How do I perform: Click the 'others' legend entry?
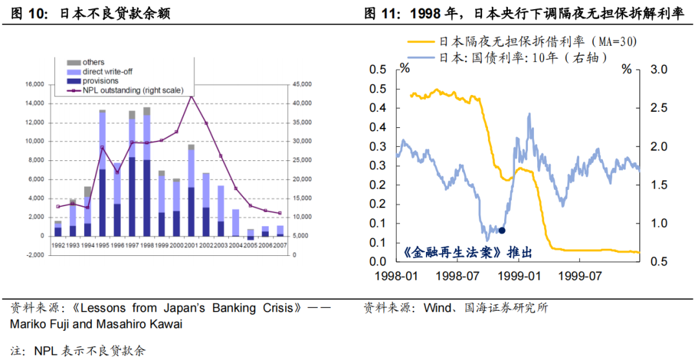pos(93,62)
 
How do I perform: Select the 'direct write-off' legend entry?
pos(107,71)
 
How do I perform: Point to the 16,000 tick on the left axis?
pos(34,85)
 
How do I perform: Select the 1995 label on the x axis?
pos(102,245)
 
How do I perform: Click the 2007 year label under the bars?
pos(280,245)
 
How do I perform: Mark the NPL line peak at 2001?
pos(191,96)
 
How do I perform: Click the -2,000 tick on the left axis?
pos(33,255)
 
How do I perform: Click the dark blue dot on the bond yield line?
pos(502,230)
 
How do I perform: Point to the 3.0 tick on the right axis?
pos(647,69)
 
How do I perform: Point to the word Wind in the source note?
pos(437,308)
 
